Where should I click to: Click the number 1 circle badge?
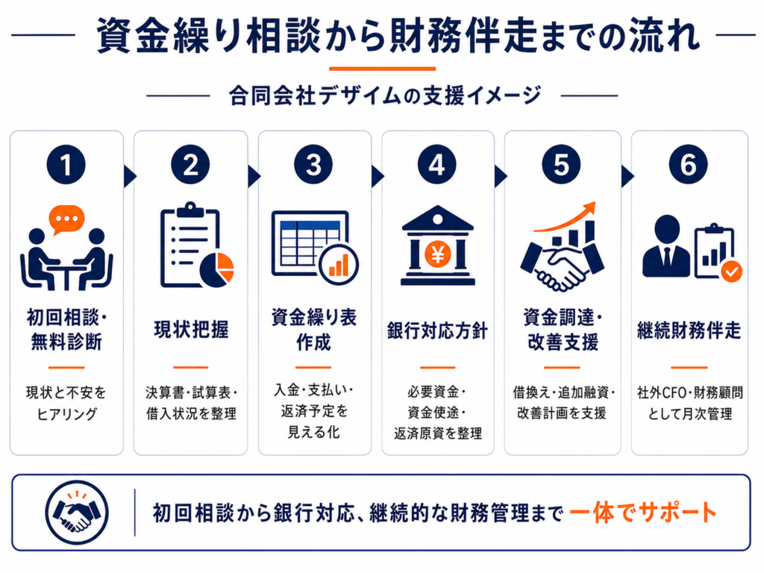[x=66, y=165]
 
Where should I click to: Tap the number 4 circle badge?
[x=437, y=165]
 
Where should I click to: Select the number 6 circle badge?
[x=688, y=165]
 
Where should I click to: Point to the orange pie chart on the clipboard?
[x=217, y=269]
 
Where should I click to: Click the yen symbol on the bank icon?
[x=437, y=254]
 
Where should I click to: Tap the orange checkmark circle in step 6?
[x=731, y=272]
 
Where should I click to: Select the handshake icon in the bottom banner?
[x=77, y=513]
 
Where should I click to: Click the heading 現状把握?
[x=191, y=329]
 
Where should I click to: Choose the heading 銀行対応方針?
[x=437, y=331]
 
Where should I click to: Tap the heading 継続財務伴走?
[x=689, y=331]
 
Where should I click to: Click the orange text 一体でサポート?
[x=643, y=513]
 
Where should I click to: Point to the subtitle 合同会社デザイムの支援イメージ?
[x=385, y=95]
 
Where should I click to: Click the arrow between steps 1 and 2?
[x=130, y=176]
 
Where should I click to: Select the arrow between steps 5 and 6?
[x=627, y=176]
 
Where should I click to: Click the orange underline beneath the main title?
[x=383, y=69]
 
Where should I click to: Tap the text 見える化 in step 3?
[x=314, y=432]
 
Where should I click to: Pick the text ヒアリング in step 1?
[x=66, y=414]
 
